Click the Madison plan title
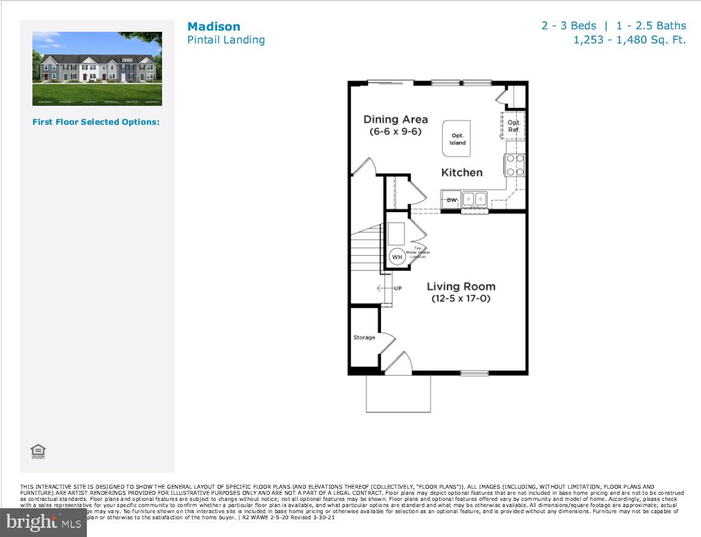[x=213, y=26]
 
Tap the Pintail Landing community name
[x=226, y=40]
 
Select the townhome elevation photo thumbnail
[x=97, y=69]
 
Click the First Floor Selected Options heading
[x=96, y=122]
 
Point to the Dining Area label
[x=395, y=119]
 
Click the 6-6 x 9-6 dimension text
[x=395, y=131]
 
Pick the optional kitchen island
[x=457, y=138]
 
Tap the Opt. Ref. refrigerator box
[x=514, y=125]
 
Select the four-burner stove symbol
[x=514, y=165]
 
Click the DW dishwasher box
[x=452, y=199]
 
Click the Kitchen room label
[x=462, y=172]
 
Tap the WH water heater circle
[x=397, y=257]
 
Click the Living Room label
[x=461, y=286]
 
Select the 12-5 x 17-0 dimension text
[x=461, y=299]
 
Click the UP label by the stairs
[x=398, y=288]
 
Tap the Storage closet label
[x=364, y=338]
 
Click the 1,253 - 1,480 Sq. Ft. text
[x=629, y=40]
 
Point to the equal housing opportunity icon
[x=38, y=452]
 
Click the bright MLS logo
[x=43, y=523]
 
